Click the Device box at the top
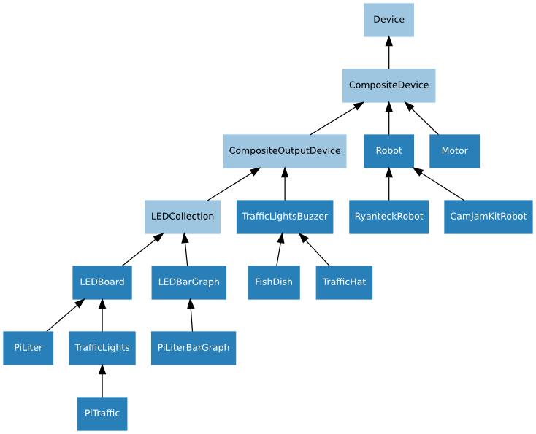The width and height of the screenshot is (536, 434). [x=388, y=20]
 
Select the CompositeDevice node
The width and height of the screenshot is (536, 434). [x=388, y=85]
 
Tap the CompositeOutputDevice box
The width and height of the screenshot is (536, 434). [x=284, y=151]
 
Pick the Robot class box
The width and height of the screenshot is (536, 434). [x=388, y=151]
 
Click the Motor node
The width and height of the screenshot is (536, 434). [x=454, y=151]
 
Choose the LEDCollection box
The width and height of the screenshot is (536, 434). [x=182, y=217]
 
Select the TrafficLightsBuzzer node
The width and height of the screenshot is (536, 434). [x=284, y=217]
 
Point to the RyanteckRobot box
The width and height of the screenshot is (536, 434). [x=388, y=217]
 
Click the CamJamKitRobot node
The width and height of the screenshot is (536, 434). [x=488, y=217]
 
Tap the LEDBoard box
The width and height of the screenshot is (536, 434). [x=102, y=282]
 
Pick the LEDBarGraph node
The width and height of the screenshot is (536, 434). [x=188, y=282]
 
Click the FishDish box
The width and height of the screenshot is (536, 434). [x=273, y=282]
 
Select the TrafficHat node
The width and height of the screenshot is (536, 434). [x=344, y=282]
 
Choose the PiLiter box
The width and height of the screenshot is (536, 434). [x=28, y=348]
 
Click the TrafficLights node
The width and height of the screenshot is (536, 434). [x=102, y=348]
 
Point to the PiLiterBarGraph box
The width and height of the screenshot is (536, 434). [x=194, y=348]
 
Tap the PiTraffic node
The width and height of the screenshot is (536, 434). [x=102, y=414]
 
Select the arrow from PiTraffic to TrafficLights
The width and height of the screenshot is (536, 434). [x=102, y=381]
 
